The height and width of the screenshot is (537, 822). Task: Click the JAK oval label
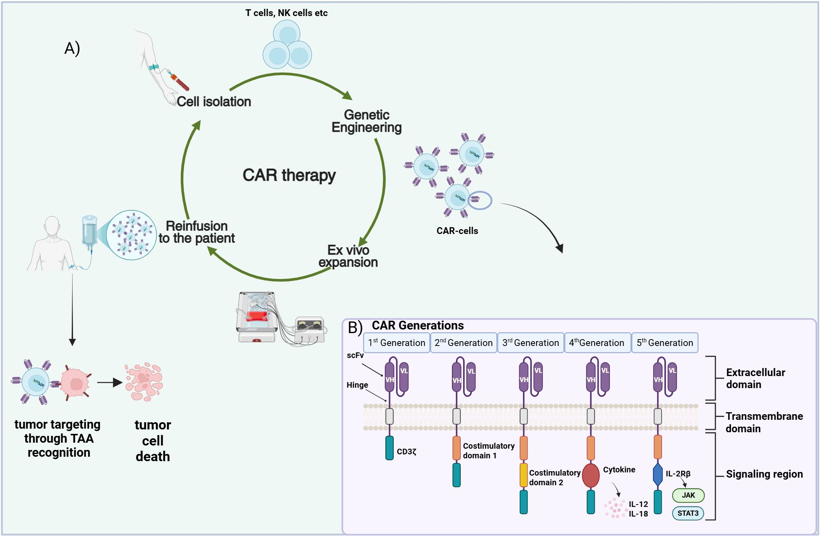tap(688, 495)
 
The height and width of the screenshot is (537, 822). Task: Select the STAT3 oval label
tap(688, 513)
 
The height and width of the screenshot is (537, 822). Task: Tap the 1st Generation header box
tap(397, 343)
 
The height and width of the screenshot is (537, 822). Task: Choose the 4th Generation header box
tap(597, 343)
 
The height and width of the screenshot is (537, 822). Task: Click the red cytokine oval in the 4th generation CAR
tap(591, 475)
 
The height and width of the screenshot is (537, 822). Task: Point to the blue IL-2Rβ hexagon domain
tap(658, 475)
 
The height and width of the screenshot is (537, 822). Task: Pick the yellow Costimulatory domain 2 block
tap(523, 475)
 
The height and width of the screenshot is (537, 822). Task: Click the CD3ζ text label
tap(406, 452)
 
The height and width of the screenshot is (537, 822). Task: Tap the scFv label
tap(355, 355)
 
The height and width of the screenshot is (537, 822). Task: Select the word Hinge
tap(357, 385)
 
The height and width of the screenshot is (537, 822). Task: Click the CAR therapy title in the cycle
tap(289, 175)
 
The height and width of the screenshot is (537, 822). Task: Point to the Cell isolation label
tap(214, 102)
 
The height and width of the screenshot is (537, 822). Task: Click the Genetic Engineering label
tap(366, 121)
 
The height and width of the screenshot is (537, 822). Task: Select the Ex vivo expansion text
tap(348, 256)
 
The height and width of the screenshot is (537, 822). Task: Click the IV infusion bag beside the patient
tap(89, 231)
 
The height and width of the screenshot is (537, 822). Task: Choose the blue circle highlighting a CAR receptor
tap(480, 200)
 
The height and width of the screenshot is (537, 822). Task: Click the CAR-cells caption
tap(457, 231)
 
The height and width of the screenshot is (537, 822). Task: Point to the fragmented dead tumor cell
tap(144, 382)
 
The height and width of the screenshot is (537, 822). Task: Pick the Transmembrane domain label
tap(764, 422)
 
